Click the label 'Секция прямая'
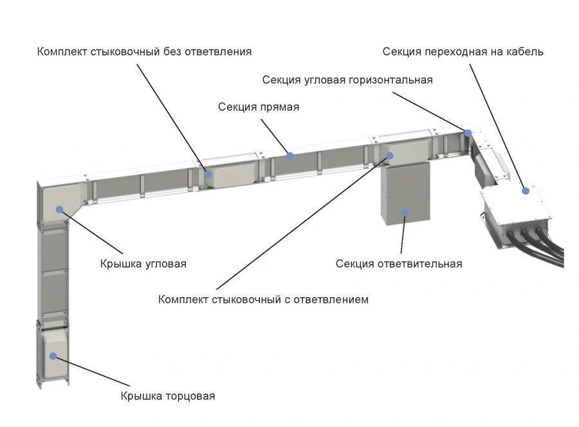coord(258,107)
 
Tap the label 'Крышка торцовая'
coord(167,396)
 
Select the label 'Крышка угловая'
coord(143,264)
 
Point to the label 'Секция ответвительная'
coord(399,264)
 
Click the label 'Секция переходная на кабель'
coord(463,51)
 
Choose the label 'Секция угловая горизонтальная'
coord(347,80)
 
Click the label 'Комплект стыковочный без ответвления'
coord(144,51)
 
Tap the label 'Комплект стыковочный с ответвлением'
coord(263,300)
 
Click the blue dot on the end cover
coord(53,356)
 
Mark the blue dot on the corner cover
coord(59,209)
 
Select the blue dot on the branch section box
coord(405,212)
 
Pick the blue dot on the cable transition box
coord(526,190)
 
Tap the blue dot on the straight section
coord(290,156)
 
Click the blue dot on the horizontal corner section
coord(468,133)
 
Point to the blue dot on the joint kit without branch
coord(208,174)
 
